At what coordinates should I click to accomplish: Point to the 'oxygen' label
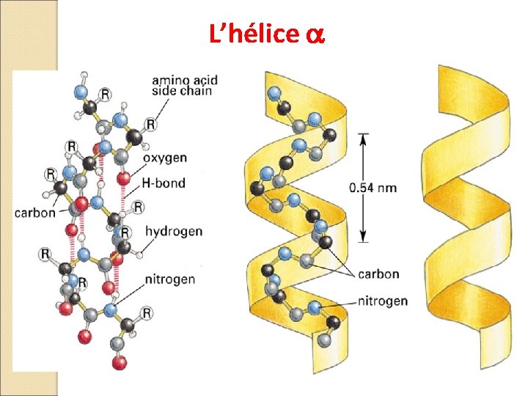[x=165, y=158]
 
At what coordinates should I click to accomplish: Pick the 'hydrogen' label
[x=174, y=231]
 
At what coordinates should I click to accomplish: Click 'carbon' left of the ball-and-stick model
[x=34, y=213]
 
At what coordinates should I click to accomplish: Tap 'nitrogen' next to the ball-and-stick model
[x=170, y=279]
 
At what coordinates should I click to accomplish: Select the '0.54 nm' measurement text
[x=373, y=188]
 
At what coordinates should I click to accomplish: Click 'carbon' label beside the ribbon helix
[x=378, y=274]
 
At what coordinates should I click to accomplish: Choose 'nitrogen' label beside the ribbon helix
[x=383, y=301]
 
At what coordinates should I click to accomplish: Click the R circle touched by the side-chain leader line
[x=150, y=124]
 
